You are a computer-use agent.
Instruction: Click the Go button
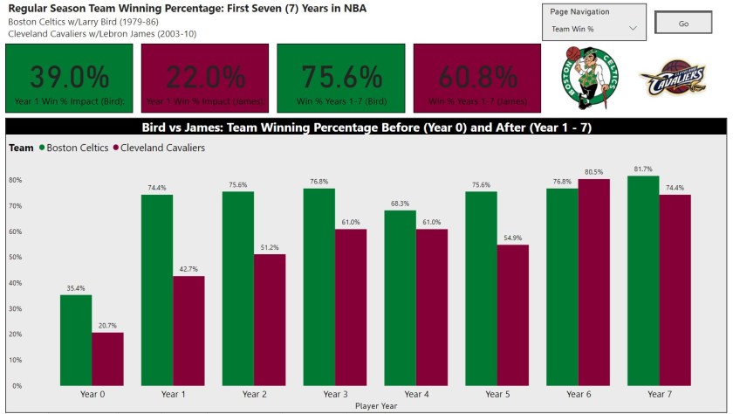click(x=683, y=24)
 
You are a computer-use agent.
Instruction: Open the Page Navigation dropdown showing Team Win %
click(x=594, y=29)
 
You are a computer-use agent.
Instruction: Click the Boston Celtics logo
click(x=590, y=77)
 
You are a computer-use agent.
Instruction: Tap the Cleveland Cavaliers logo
click(x=671, y=79)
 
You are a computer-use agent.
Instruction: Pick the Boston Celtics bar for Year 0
click(x=76, y=340)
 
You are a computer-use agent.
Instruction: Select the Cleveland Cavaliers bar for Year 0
click(x=107, y=359)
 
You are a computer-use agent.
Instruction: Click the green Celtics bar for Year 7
click(x=643, y=280)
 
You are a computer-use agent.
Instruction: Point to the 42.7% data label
click(x=188, y=268)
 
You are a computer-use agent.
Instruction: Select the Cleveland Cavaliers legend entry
click(x=158, y=148)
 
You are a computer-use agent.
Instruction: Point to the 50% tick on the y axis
click(x=16, y=257)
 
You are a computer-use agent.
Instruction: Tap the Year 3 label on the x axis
click(x=335, y=395)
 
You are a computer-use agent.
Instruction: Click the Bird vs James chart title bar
click(x=366, y=127)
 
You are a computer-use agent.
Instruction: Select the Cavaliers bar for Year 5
click(x=513, y=314)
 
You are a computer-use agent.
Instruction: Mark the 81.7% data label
click(x=643, y=169)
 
